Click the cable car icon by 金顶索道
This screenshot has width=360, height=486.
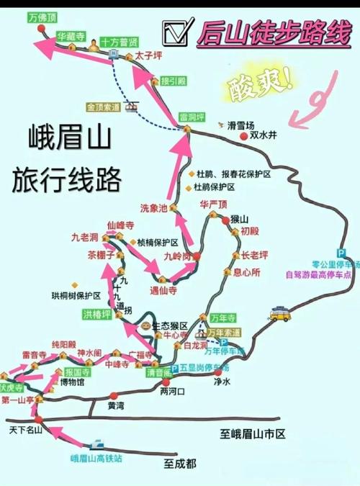130,107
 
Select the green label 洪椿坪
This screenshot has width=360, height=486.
97,314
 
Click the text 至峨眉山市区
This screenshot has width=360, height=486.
253,433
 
